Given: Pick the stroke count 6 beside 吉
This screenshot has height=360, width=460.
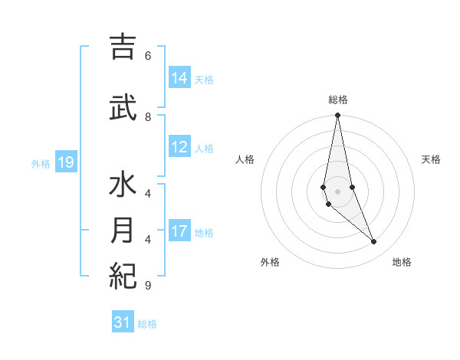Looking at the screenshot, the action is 148,56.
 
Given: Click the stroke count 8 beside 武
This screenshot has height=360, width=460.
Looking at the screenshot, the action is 148,116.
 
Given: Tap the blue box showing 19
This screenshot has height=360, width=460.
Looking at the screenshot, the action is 66,162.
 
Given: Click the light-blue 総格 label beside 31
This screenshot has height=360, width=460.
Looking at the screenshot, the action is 147,324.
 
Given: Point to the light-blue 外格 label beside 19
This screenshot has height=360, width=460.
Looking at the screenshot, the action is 41,163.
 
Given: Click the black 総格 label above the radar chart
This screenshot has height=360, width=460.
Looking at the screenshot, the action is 338,100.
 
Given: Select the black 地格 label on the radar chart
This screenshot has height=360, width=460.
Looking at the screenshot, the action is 402,262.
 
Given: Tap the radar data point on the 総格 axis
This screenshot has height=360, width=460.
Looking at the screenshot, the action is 338,115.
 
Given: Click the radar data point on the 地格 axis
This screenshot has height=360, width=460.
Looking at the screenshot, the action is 374,242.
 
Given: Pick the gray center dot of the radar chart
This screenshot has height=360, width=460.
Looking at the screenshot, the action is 338,191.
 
